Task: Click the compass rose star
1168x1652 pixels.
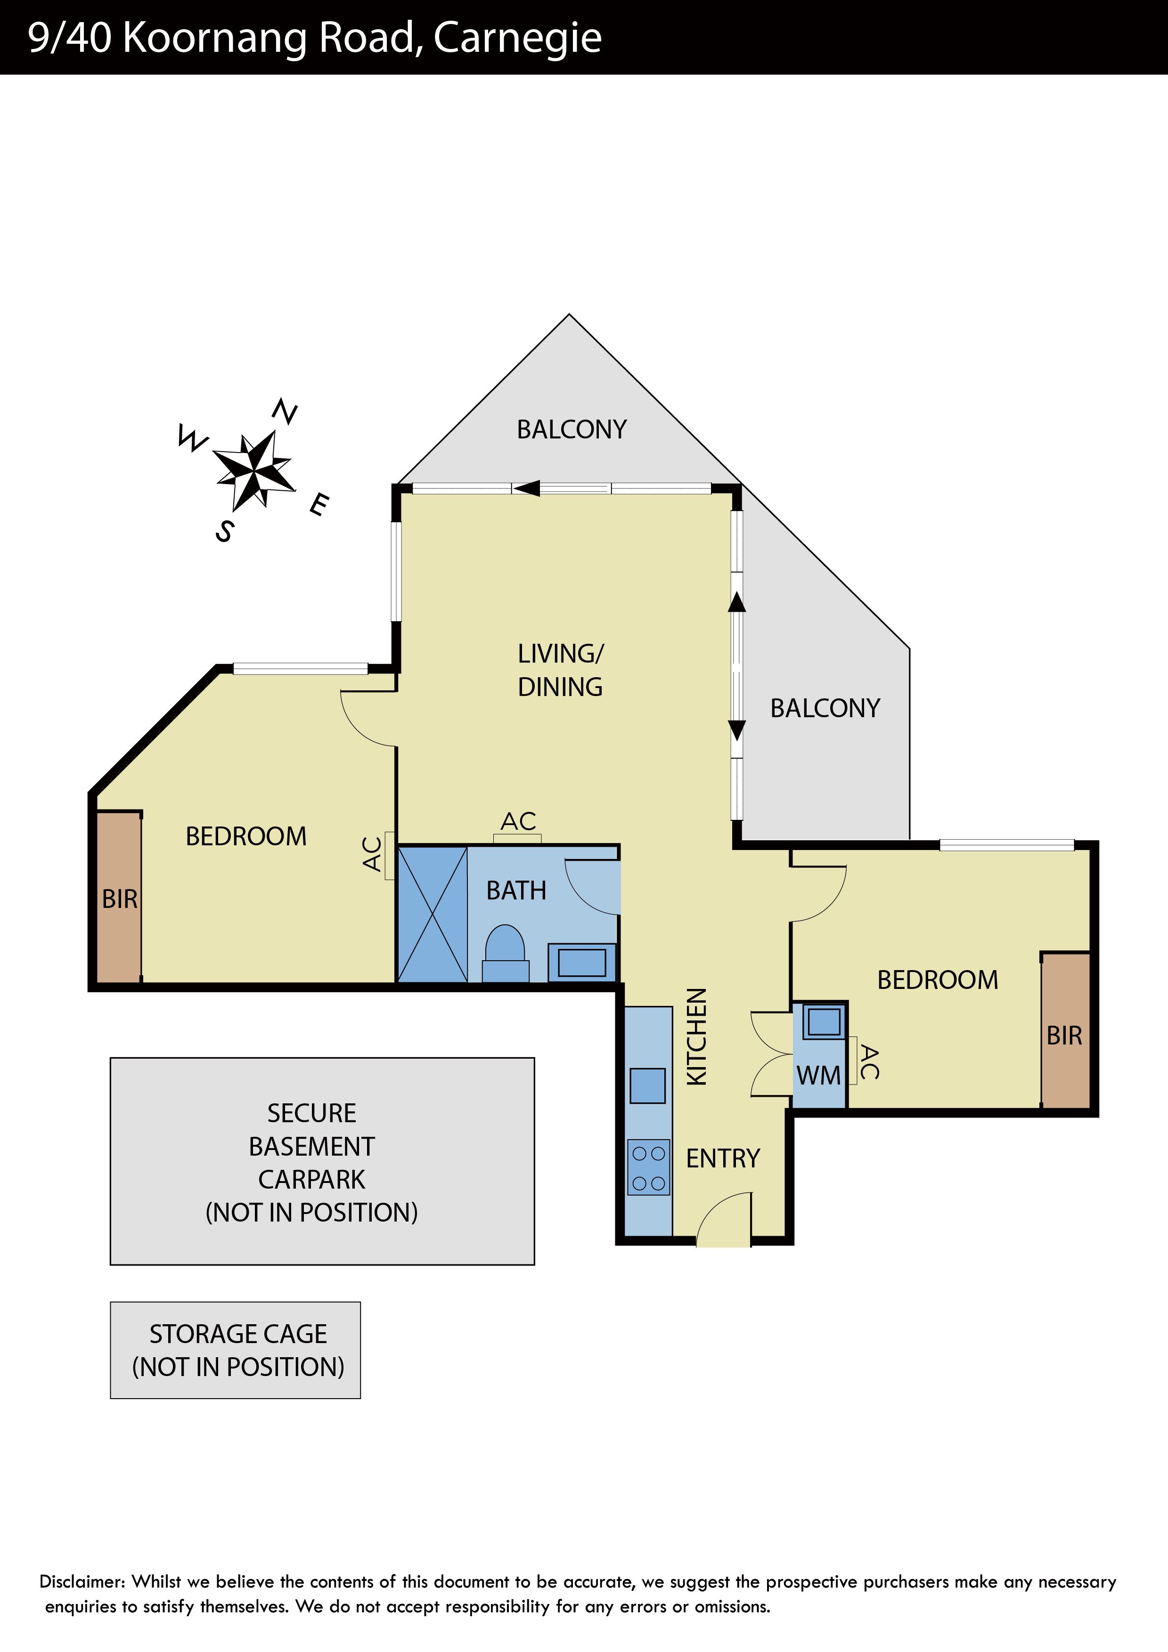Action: point(254,470)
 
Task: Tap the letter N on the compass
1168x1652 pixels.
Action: point(285,412)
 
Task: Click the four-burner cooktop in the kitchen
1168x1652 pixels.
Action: point(648,1167)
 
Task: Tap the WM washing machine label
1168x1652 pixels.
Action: point(818,1076)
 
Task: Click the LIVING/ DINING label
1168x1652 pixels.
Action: point(561,670)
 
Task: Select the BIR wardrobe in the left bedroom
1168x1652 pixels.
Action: point(119,897)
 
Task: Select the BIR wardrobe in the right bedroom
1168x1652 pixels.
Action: point(1065,1031)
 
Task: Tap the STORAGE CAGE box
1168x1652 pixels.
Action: point(235,1351)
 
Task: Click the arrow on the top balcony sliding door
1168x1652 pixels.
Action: point(526,488)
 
